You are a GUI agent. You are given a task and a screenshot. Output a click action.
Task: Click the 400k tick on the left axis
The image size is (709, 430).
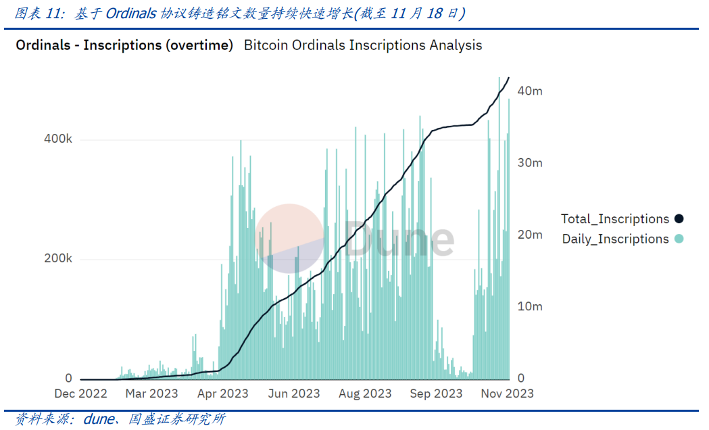[x=58, y=139]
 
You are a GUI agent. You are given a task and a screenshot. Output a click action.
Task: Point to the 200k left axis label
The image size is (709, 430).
[x=58, y=259]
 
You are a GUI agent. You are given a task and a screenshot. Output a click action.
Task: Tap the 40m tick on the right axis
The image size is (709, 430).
[x=530, y=91]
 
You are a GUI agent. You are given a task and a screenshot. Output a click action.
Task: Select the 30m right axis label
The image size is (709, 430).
[x=530, y=163]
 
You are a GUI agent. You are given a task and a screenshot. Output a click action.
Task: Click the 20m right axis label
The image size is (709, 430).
[x=530, y=235]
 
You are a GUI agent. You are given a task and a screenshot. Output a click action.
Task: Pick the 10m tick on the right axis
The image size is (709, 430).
[x=530, y=306]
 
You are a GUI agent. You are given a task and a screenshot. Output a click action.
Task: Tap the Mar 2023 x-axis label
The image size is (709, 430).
[x=152, y=393]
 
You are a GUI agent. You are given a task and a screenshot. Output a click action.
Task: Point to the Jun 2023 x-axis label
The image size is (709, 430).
[x=294, y=393]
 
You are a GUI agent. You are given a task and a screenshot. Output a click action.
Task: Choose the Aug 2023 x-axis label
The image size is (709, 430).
[x=366, y=393]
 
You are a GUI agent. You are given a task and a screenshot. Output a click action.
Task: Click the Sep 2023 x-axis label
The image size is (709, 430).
[x=437, y=393]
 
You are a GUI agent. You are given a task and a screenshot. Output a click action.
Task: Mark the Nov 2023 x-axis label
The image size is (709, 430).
[x=508, y=393]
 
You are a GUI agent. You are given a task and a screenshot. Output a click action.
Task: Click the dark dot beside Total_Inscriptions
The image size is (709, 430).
[x=679, y=219]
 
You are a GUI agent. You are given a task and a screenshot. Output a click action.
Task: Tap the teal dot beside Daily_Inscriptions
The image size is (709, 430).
[x=679, y=239]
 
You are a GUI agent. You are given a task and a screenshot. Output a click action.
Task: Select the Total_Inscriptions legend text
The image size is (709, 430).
[x=614, y=219]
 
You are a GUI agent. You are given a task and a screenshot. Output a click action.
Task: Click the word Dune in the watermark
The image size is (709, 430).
[x=399, y=239]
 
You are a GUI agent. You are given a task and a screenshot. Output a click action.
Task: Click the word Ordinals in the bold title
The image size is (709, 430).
[x=43, y=45]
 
